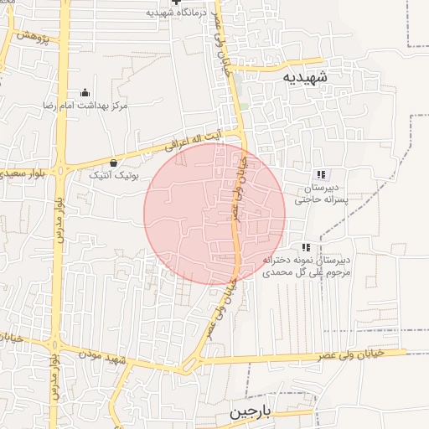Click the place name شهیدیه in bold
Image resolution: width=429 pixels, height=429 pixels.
(x=306, y=77)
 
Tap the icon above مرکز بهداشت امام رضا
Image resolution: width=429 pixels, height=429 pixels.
(x=84, y=93)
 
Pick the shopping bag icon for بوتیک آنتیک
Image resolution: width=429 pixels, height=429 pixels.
(x=114, y=163)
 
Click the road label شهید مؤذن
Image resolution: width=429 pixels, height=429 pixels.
(x=101, y=354)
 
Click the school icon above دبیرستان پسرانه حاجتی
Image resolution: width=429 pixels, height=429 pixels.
(x=320, y=174)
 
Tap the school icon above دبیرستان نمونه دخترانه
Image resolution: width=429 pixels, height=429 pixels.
(x=306, y=247)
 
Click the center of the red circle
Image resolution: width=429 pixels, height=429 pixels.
(x=214, y=214)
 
